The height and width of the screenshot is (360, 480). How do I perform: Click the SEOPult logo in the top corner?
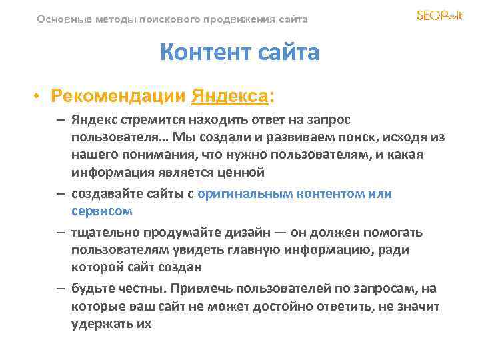[x=439, y=15]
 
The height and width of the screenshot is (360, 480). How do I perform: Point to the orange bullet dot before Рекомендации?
[x=37, y=96]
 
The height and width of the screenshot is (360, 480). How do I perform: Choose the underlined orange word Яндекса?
[x=229, y=96]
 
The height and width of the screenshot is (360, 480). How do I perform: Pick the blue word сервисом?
[x=102, y=211]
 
